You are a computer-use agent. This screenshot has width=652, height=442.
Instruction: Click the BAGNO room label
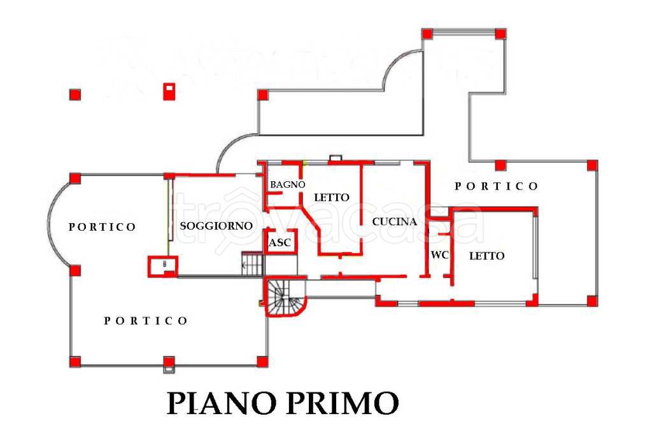tap(287, 184)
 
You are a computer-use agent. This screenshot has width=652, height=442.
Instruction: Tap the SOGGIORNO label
tap(216, 226)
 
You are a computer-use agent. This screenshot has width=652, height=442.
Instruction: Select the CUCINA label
tap(394, 222)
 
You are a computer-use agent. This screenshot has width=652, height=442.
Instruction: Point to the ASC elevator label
tap(280, 242)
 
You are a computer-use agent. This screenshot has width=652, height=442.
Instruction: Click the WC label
tap(439, 255)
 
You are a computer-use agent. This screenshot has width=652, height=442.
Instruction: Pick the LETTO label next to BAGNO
tap(331, 197)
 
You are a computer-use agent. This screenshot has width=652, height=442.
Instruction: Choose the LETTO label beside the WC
tap(486, 256)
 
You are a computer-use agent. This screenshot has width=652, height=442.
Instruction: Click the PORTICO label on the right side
tap(497, 186)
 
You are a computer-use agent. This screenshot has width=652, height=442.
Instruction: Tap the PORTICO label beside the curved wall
tap(103, 227)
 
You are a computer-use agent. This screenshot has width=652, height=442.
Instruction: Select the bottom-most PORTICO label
tap(146, 321)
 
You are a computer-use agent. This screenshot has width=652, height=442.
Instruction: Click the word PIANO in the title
tap(222, 403)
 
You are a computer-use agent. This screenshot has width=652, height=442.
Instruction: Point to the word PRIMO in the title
tap(342, 403)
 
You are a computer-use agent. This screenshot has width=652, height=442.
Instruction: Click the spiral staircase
tap(285, 296)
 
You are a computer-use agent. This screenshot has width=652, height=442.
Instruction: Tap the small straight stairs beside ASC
tap(253, 263)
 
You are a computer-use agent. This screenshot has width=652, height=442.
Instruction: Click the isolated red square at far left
tap(75, 95)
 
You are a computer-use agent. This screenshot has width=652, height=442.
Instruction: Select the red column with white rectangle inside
tap(169, 92)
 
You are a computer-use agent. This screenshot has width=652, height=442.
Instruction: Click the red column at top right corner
tap(500, 34)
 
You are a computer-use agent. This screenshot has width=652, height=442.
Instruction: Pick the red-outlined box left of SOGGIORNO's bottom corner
tap(163, 266)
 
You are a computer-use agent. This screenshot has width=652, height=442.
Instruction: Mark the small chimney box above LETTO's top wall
tap(336, 158)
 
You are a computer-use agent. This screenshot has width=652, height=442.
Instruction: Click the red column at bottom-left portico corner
tap(75, 361)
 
